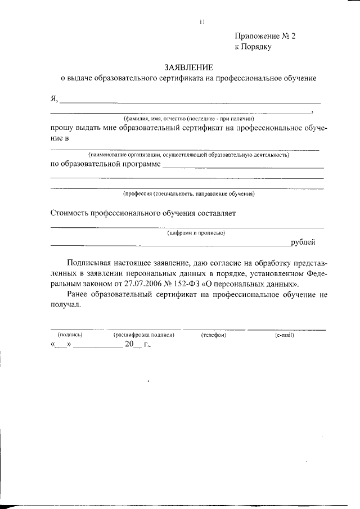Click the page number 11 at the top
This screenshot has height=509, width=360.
[x=202, y=22]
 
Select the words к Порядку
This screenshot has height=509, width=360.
[x=253, y=47]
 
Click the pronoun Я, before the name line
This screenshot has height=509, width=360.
[x=54, y=99]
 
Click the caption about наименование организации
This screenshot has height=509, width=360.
[x=188, y=154]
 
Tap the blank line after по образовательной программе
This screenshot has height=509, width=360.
[x=242, y=165]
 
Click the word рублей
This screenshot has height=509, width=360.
[x=303, y=242]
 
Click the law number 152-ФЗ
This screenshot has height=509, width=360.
[x=231, y=284]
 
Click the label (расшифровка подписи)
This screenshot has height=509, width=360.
[x=144, y=335]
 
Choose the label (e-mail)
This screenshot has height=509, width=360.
[x=285, y=335]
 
